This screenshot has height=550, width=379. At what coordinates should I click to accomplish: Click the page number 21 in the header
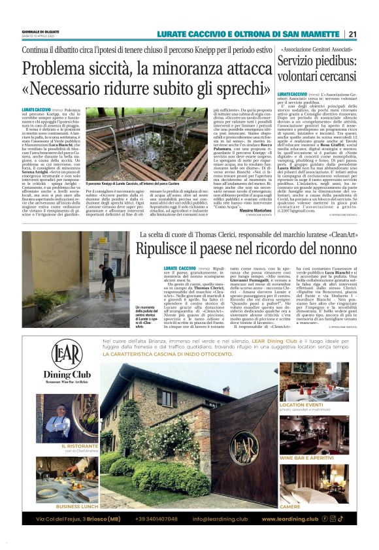[352, 34]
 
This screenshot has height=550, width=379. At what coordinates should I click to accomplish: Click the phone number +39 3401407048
[157, 519]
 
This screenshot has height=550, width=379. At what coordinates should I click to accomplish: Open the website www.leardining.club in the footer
[289, 519]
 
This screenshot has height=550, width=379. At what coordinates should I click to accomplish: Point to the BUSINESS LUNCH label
[76, 506]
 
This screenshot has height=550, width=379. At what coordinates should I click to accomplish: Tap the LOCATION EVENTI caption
[301, 406]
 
